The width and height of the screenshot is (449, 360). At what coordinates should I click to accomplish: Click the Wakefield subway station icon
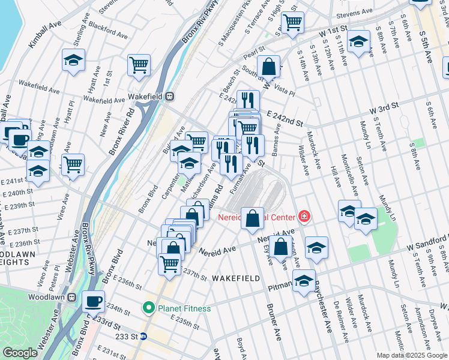170,95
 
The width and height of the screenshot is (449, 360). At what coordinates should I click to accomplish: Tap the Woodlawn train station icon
71,297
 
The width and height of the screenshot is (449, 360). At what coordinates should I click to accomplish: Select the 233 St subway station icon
143,336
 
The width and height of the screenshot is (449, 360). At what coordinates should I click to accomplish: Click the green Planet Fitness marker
149,308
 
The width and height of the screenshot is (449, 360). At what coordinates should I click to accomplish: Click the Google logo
20,353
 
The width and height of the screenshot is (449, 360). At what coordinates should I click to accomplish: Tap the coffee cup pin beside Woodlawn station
93,301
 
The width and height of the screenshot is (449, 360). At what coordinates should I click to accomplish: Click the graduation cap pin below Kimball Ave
73,60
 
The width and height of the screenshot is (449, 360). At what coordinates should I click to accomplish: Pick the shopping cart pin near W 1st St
292,22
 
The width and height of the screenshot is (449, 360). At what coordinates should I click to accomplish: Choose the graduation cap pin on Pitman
304,280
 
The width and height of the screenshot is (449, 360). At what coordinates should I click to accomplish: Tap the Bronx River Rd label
121,131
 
